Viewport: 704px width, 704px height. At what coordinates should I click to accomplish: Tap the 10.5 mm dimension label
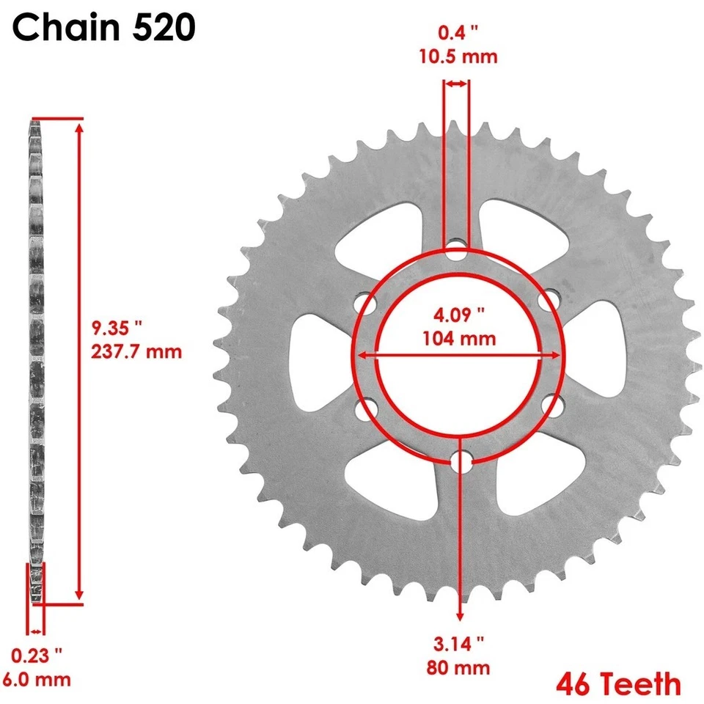click(x=458, y=56)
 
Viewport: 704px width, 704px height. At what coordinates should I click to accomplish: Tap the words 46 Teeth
click(x=617, y=684)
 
